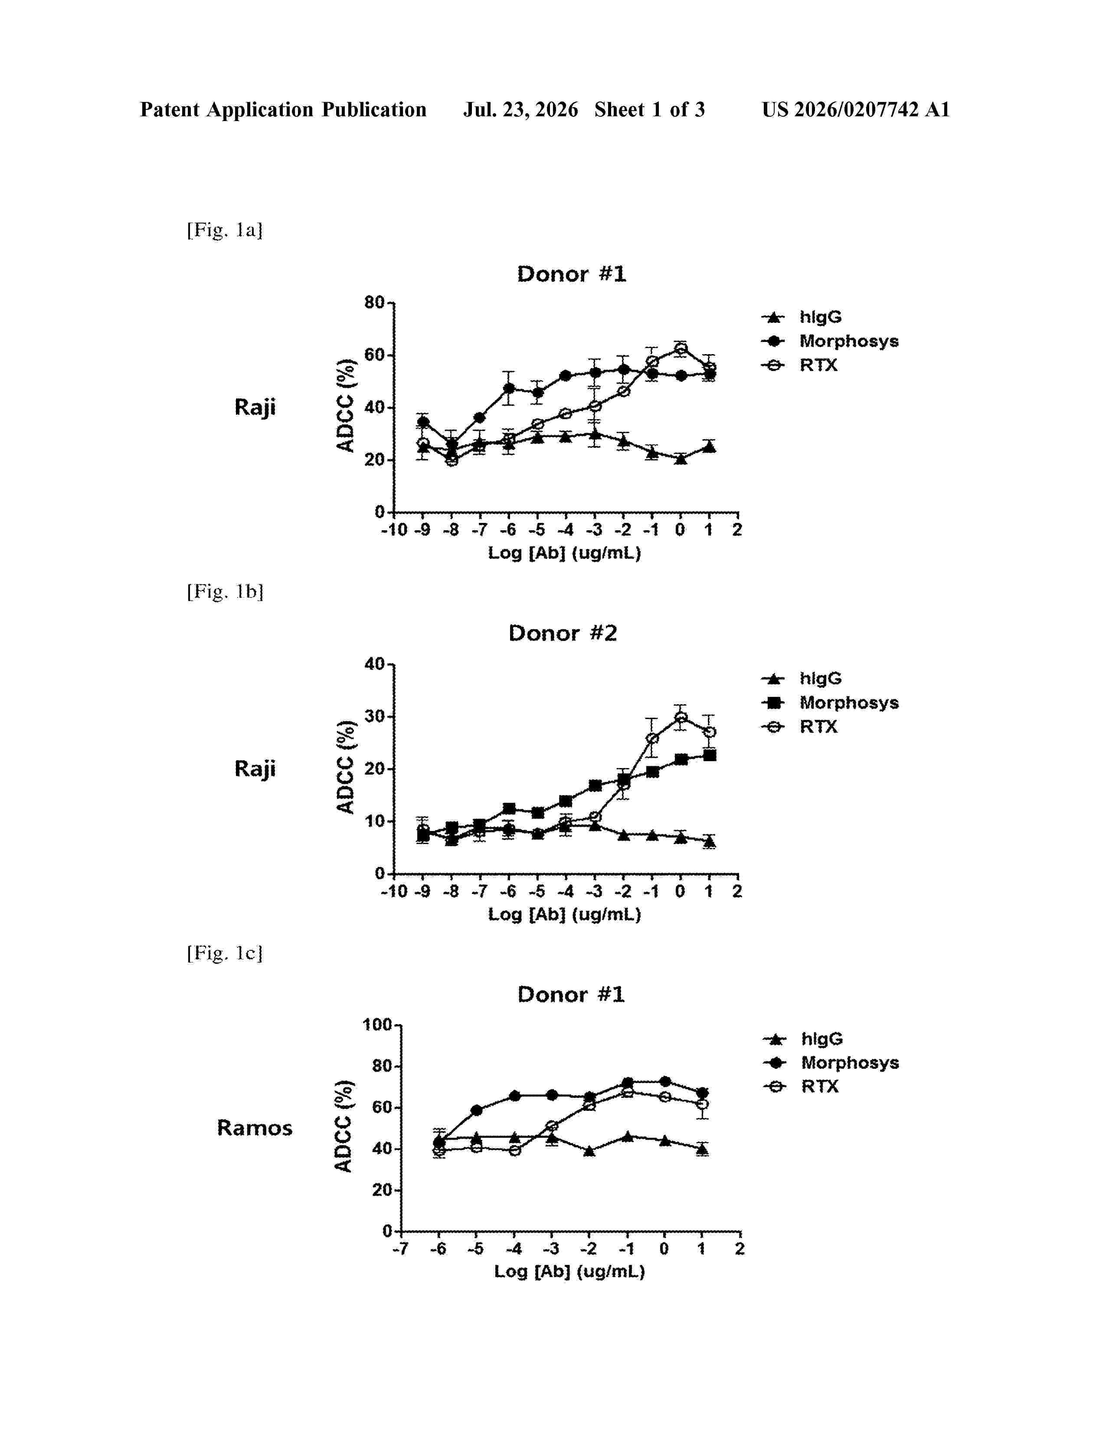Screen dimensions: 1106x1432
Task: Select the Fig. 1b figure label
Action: coord(225,591)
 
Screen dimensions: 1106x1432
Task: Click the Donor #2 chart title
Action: coord(563,634)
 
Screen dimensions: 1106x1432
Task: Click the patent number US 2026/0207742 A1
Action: coord(856,109)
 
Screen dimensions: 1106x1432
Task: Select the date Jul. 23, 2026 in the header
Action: coord(521,109)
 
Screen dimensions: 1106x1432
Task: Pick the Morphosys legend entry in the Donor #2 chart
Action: coord(829,703)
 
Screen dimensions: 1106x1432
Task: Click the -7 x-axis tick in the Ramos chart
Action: coord(400,1249)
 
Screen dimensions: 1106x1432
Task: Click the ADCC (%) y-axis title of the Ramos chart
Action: coord(344,1126)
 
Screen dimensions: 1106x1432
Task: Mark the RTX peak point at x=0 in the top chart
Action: coord(681,349)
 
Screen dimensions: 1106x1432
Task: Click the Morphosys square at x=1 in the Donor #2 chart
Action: coord(709,755)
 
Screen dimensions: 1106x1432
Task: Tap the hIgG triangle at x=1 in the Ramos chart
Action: coord(702,1148)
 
